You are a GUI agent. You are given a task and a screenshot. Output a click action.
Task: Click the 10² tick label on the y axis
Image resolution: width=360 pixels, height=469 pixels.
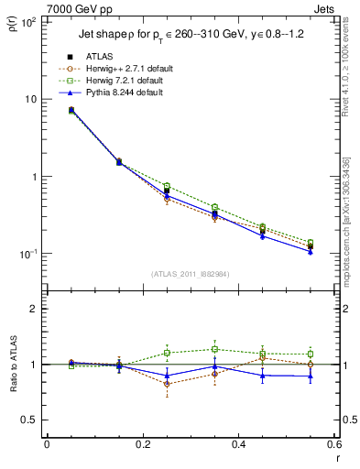tap(27, 21)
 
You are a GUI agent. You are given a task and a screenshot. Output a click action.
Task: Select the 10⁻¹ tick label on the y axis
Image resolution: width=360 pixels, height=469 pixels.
tap(27, 254)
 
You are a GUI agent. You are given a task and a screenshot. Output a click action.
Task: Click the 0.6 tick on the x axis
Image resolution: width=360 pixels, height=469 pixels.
tap(334, 444)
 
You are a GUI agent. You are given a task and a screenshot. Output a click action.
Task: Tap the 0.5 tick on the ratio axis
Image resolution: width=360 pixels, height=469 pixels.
tap(29, 420)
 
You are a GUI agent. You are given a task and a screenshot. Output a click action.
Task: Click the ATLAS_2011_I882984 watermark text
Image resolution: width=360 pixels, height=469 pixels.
tap(191, 274)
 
